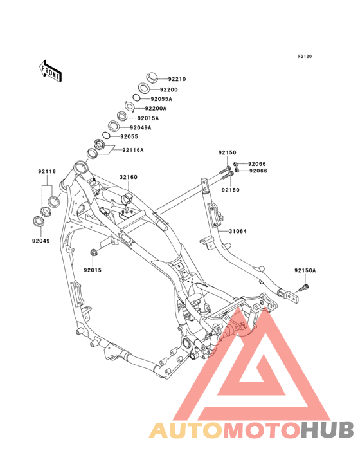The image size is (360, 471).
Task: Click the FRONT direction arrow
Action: [x=50, y=71]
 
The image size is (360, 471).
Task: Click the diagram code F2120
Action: [x=305, y=56]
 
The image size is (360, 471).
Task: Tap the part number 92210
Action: [x=177, y=79]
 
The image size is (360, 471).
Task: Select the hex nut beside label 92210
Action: [x=152, y=78]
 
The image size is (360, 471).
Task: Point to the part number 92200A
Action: [x=156, y=109]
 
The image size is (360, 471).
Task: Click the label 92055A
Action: [x=161, y=99]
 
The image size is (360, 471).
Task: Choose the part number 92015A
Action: [x=148, y=118]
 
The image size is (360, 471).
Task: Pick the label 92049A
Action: [x=140, y=127]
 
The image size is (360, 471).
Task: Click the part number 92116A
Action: [x=133, y=150]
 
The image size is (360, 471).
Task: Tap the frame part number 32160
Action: [x=129, y=177]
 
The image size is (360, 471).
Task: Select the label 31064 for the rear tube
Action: [x=238, y=231]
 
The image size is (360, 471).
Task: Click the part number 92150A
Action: [x=305, y=270]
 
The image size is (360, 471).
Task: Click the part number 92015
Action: [x=93, y=270]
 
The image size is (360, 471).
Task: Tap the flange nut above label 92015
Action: [x=93, y=252]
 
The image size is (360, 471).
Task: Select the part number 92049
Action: [x=41, y=241]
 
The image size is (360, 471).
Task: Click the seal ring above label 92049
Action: [x=39, y=222]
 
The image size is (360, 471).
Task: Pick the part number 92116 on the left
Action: [x=47, y=172]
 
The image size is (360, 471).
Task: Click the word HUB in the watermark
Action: [x=327, y=430]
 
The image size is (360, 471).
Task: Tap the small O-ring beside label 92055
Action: [x=106, y=136]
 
